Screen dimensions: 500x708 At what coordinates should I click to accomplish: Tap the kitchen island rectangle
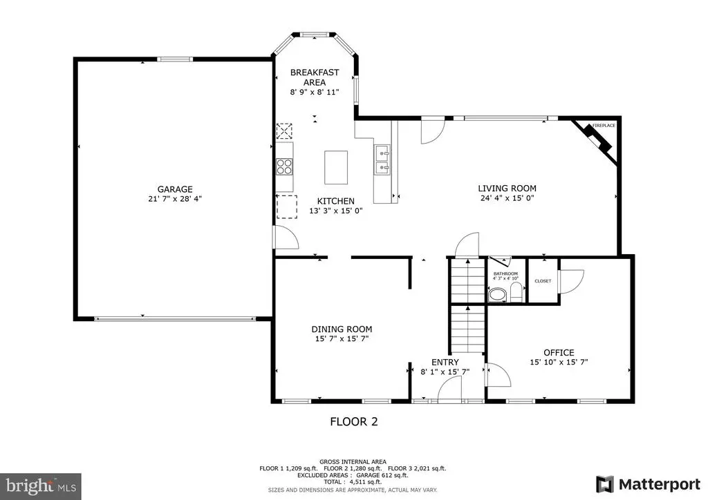tap(336, 167)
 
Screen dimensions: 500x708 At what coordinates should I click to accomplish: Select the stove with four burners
tap(284, 166)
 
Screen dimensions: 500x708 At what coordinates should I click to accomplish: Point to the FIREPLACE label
tap(603, 125)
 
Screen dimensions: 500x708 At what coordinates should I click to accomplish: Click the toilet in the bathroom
tap(496, 295)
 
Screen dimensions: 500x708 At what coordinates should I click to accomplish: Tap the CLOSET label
tap(543, 281)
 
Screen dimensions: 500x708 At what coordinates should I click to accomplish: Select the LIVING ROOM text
tap(507, 188)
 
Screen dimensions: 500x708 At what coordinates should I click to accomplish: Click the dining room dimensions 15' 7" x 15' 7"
tap(342, 339)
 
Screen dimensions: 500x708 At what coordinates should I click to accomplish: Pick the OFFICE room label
tap(559, 352)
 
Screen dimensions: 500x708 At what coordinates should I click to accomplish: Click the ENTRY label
tap(445, 362)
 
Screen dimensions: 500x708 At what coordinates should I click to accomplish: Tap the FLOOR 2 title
tap(353, 421)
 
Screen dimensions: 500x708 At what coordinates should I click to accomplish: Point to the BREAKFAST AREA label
tap(314, 77)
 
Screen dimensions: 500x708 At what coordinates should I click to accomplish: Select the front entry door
tap(449, 391)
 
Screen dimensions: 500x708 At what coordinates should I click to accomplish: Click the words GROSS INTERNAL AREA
tap(353, 461)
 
